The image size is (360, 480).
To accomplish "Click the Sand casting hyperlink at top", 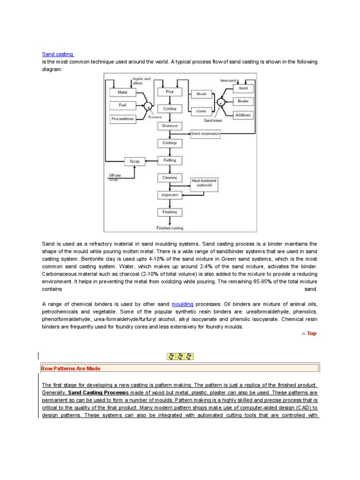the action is tap(58, 54).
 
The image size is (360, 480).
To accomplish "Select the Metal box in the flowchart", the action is tap(122, 93).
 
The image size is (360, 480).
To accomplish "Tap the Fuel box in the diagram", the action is tap(122, 105).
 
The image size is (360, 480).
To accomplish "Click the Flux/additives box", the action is tap(122, 119).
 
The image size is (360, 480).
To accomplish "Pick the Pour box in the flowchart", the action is tap(170, 92).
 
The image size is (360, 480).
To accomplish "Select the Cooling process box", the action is tap(170, 109).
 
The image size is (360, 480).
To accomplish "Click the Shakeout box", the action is tap(170, 126).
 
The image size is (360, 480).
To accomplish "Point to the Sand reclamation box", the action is tap(205, 134).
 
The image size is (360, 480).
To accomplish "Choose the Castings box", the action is tap(170, 142).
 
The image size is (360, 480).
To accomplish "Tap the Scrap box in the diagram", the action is tap(135, 161).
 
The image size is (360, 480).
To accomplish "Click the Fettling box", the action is tap(170, 160).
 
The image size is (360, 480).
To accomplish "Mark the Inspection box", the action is tap(170, 195).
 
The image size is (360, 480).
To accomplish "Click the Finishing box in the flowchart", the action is tap(170, 212).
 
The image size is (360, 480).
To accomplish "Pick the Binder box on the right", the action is tap(243, 101).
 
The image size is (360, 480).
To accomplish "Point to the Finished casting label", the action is tap(170, 228).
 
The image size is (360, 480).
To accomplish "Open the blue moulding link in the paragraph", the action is tap(182, 304).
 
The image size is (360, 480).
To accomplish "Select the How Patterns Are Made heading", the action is tap(71, 368).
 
